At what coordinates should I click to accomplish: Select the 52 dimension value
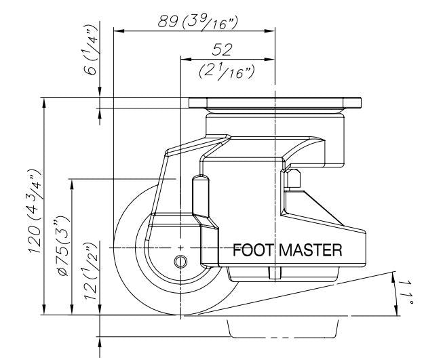point(223,49)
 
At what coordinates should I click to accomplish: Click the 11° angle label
point(405,293)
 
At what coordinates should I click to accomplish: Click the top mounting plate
point(275,104)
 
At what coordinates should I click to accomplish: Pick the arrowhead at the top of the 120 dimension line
point(44,103)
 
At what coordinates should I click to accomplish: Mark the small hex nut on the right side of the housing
point(296,178)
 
